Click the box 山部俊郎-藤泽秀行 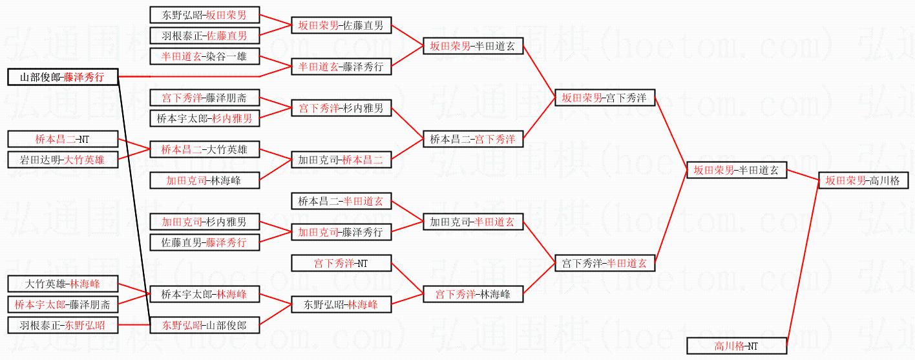click(63, 78)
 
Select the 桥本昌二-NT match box click(63, 139)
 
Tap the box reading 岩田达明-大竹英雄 click(63, 160)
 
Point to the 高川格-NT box click(736, 346)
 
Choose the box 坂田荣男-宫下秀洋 click(605, 98)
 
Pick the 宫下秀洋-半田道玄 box click(605, 263)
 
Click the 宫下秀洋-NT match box click(341, 263)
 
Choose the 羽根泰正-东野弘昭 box click(63, 325)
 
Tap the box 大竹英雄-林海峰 click(63, 284)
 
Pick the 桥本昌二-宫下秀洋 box click(472, 139)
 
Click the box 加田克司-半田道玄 click(472, 222)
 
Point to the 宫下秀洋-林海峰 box click(472, 294)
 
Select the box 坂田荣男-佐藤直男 click(341, 26)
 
